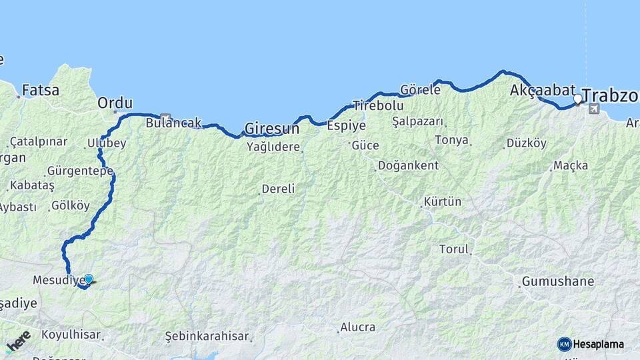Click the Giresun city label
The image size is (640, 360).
(x=271, y=127)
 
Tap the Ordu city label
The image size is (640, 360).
(x=115, y=103)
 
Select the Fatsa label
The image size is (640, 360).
(x=40, y=89)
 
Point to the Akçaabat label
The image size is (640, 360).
(x=542, y=91)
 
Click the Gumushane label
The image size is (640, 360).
(x=558, y=281)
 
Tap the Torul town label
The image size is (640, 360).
(x=454, y=249)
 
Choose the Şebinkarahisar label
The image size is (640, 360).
(x=207, y=337)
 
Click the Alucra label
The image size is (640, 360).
(x=357, y=327)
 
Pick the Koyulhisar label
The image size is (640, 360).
(x=71, y=334)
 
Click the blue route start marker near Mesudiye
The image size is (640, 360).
(x=88, y=279)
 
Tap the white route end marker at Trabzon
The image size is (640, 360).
(x=578, y=99)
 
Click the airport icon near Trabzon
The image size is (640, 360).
(x=594, y=109)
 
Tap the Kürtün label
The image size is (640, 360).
(x=442, y=201)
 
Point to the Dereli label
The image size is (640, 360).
(x=278, y=189)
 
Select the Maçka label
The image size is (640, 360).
(x=569, y=165)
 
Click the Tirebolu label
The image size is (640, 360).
(x=378, y=105)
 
